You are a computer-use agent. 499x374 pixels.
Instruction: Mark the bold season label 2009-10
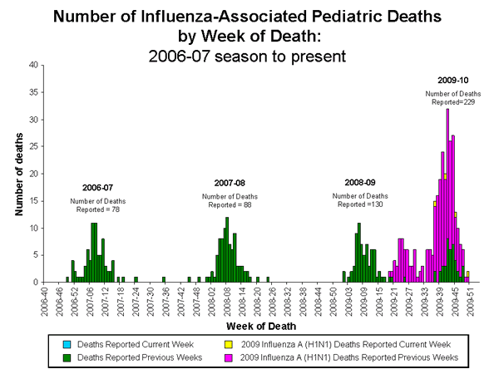tap(454, 81)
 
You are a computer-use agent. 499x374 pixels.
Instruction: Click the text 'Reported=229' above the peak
tap(453, 101)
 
